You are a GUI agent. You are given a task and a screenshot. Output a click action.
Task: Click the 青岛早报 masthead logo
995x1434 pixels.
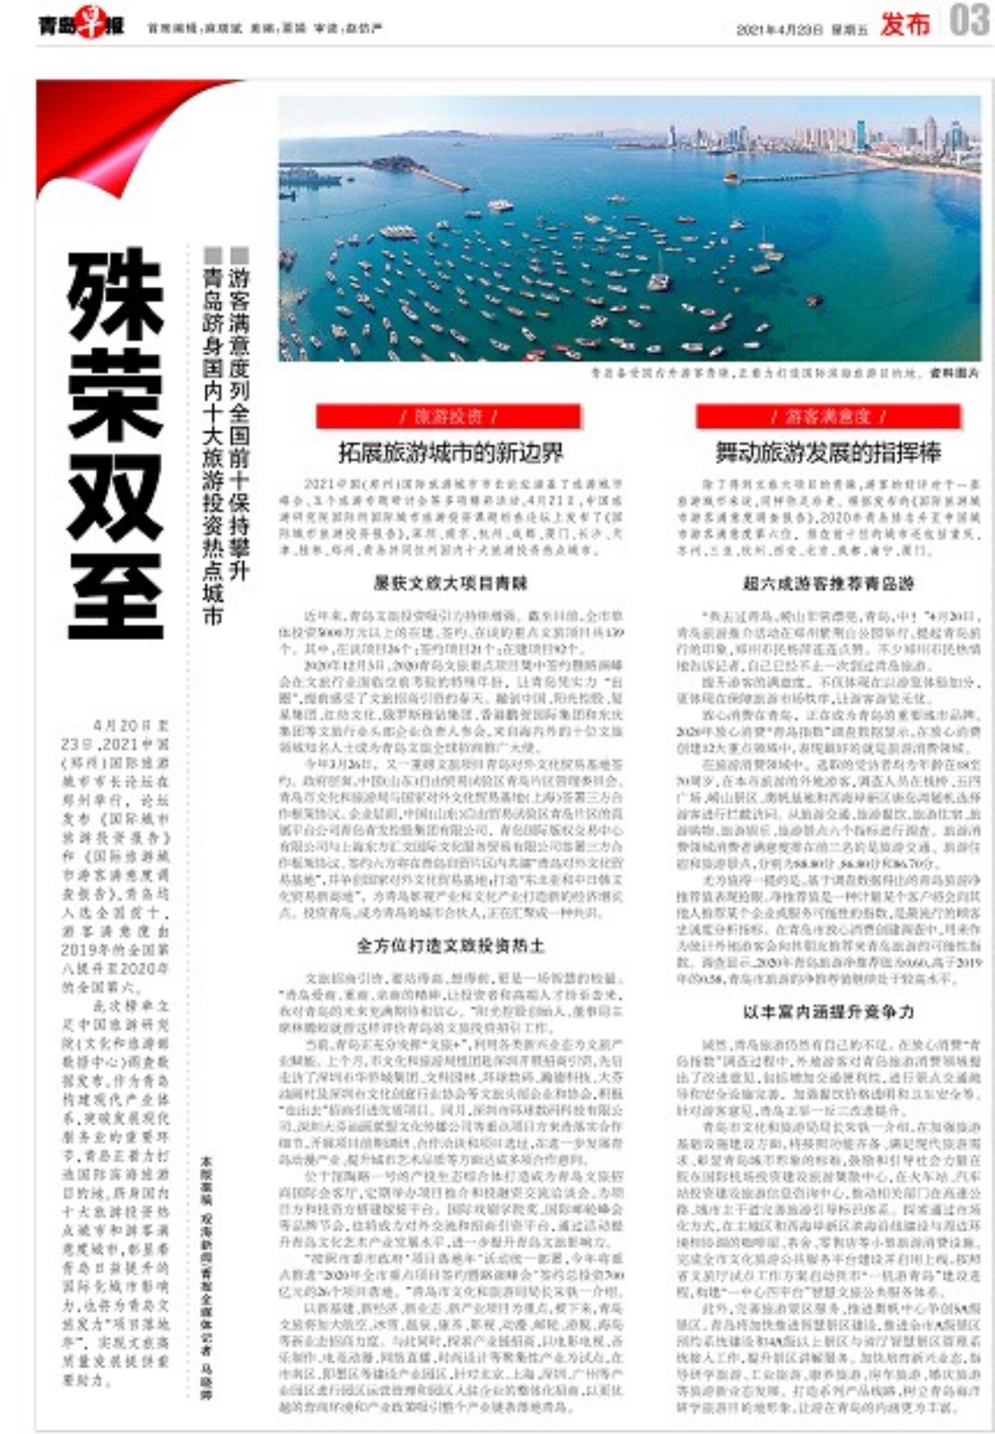80,26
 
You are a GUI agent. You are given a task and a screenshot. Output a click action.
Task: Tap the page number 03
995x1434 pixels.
968,21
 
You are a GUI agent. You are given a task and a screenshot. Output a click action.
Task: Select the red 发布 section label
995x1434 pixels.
905,25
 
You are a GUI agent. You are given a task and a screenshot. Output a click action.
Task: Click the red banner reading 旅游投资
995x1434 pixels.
448,417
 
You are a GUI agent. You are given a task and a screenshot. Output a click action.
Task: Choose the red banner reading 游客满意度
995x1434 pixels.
827,417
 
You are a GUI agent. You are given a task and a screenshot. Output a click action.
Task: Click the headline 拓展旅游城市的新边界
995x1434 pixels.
450,452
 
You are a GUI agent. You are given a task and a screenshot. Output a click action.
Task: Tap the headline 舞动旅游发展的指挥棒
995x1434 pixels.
827,452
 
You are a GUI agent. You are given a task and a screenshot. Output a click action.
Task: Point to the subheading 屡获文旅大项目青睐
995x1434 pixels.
450,583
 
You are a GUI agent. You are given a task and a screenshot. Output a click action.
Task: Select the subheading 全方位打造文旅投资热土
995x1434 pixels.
450,945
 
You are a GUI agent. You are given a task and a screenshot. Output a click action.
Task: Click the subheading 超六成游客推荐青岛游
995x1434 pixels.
828,583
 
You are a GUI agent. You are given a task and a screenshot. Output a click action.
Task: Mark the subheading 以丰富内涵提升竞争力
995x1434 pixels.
828,1011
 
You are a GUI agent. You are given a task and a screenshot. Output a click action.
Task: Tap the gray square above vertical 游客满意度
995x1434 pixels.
239,255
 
